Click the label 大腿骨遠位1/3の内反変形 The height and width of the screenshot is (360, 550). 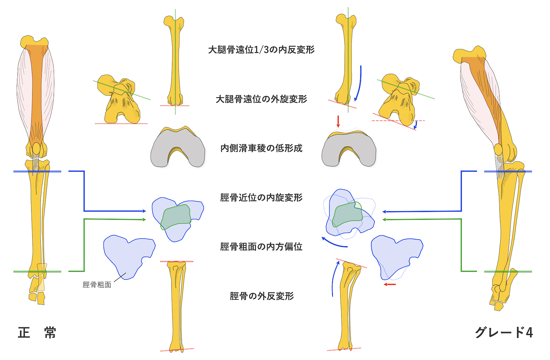[x=261, y=50]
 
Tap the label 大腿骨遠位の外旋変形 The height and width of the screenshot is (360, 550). [x=261, y=99]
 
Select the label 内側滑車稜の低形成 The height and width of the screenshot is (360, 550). [x=261, y=148]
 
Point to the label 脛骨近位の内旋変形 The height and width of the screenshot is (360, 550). [x=261, y=198]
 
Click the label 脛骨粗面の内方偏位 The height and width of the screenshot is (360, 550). [x=261, y=247]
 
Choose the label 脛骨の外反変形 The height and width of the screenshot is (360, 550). [x=262, y=296]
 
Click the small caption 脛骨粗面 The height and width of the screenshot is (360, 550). [x=97, y=285]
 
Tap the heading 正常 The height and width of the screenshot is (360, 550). [x=37, y=333]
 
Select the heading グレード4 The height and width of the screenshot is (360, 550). [x=504, y=333]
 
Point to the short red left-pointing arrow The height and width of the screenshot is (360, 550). [x=390, y=284]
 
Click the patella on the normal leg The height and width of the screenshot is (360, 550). [x=36, y=149]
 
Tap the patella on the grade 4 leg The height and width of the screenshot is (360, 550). [x=498, y=149]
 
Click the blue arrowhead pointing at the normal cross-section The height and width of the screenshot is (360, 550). [x=144, y=211]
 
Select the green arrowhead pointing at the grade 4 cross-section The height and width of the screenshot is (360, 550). [x=384, y=220]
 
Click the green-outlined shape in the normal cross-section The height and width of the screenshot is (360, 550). [x=176, y=217]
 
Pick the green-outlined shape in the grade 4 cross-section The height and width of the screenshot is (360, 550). [x=347, y=214]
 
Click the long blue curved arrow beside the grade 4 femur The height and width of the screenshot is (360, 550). [x=359, y=83]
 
